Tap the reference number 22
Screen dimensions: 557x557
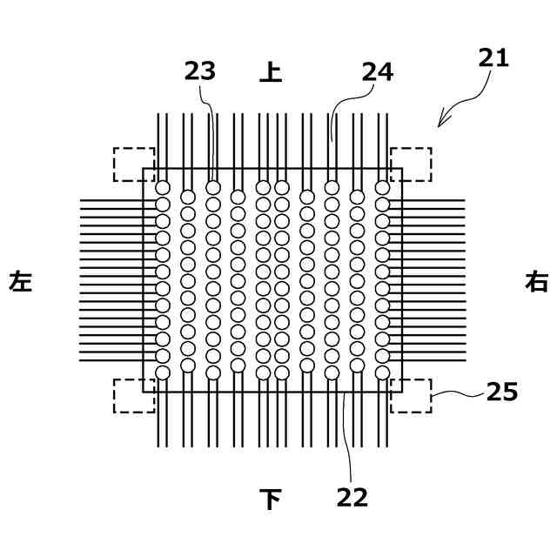[352, 497]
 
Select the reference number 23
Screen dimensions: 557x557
[199, 72]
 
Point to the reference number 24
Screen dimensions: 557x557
[378, 72]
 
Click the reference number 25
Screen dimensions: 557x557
[502, 393]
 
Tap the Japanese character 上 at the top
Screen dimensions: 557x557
[271, 72]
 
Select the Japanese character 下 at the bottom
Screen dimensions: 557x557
[271, 499]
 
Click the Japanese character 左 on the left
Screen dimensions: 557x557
[21, 282]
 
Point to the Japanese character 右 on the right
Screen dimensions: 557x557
[537, 282]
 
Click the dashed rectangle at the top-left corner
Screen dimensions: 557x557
[134, 164]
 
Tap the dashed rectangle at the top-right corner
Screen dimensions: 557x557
[411, 164]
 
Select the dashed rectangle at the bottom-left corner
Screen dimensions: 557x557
[134, 395]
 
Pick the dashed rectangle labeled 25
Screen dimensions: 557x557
[411, 395]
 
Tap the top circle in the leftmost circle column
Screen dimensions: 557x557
[162, 187]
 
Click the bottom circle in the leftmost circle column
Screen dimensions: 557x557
[162, 372]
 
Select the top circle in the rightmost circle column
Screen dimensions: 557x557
[382, 187]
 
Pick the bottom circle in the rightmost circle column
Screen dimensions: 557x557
[382, 372]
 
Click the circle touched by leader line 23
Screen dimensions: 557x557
[213, 187]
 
